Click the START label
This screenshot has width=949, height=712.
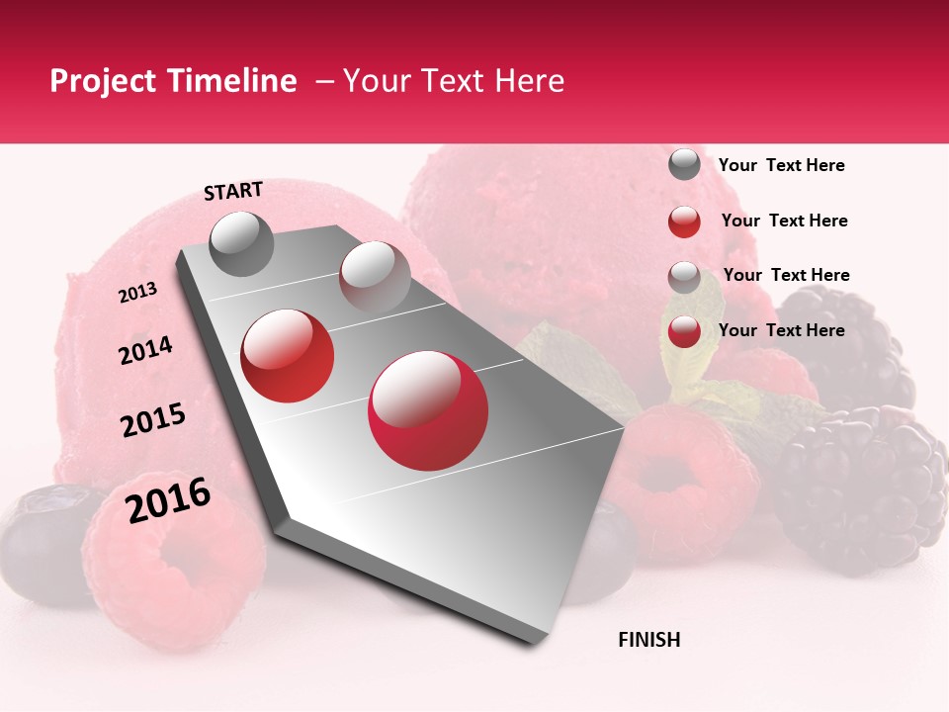point(233,191)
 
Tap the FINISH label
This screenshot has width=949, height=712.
point(648,640)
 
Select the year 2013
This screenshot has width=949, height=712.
point(137,293)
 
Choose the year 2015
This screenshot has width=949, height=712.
point(153,420)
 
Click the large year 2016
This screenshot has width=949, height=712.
point(168,500)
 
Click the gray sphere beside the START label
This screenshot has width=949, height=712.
point(242,243)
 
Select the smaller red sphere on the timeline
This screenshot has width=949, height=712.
point(288,355)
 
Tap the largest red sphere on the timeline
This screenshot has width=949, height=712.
point(428,410)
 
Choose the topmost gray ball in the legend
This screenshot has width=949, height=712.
point(684,165)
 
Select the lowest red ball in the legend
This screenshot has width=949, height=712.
point(684,331)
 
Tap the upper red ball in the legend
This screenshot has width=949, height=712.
point(684,222)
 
